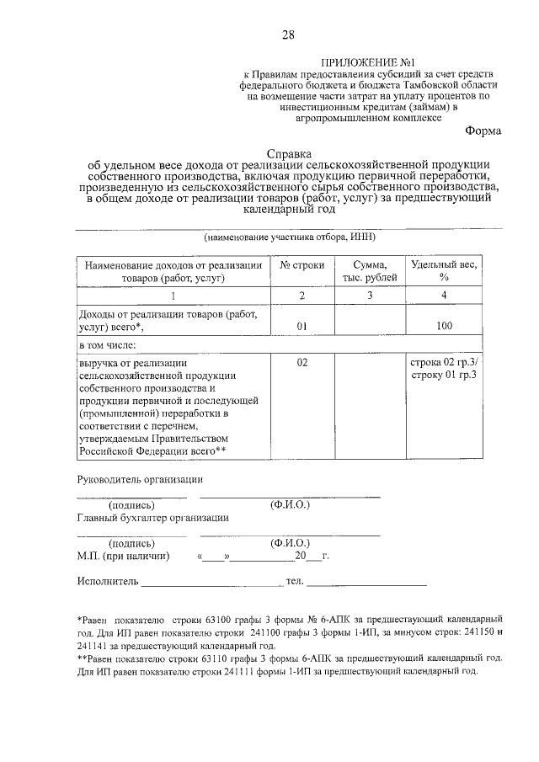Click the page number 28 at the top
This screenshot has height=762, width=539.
pyautogui.click(x=288, y=35)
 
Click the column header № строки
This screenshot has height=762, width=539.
pyautogui.click(x=302, y=265)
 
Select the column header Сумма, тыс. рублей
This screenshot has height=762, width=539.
pyautogui.click(x=369, y=272)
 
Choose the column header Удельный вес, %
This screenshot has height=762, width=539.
pyautogui.click(x=443, y=272)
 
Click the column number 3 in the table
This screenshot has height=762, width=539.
pyautogui.click(x=369, y=295)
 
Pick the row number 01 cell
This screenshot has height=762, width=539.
pyautogui.click(x=302, y=327)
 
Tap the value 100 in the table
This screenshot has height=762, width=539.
pyautogui.click(x=443, y=327)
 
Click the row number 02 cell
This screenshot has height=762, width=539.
pyautogui.click(x=302, y=362)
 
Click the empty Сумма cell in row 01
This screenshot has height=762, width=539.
pyautogui.click(x=369, y=320)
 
